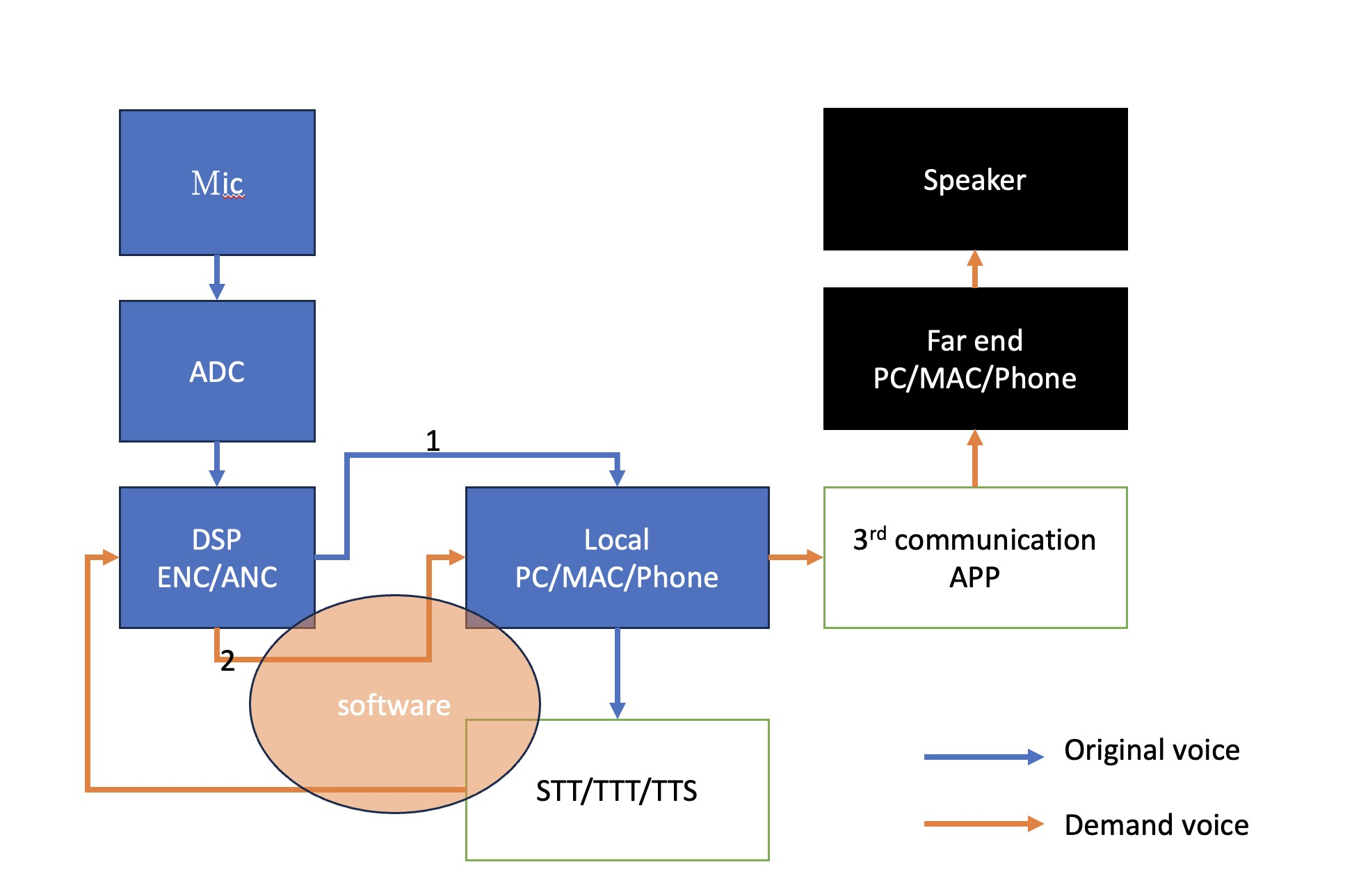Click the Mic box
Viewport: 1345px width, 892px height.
[x=217, y=182]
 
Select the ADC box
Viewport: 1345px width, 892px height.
[x=217, y=371]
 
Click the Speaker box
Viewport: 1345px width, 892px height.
[x=975, y=180]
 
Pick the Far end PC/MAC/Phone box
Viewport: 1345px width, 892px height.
[x=975, y=359]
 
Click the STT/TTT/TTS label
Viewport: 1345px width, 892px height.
[x=616, y=791]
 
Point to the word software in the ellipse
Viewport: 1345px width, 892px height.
[x=394, y=706]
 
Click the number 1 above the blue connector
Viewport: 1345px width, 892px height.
[x=433, y=440]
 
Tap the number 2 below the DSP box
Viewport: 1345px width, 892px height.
[x=227, y=661]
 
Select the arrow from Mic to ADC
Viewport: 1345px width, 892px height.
[x=217, y=278]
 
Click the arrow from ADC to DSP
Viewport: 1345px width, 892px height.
[x=217, y=464]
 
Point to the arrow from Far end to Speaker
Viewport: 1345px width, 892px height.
[x=975, y=269]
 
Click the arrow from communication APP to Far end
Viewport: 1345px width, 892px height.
[x=975, y=458]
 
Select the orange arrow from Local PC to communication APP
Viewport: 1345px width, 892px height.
[x=796, y=557]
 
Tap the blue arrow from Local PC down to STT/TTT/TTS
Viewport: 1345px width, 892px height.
[x=617, y=674]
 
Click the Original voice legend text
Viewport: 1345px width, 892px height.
[x=1152, y=750]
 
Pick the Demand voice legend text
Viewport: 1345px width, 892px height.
[x=1156, y=825]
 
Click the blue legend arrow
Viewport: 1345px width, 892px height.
[x=983, y=757]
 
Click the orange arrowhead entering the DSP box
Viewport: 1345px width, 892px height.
[x=110, y=557]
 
